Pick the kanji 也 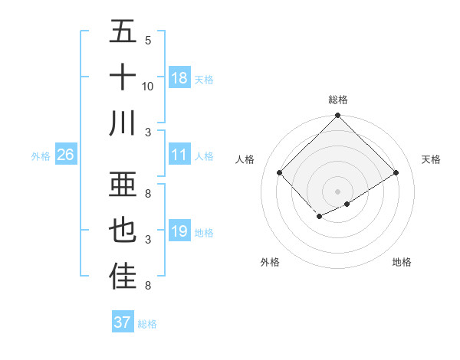pyautogui.click(x=123, y=231)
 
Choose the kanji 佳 pyautogui.click(x=123, y=277)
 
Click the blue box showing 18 pyautogui.click(x=179, y=78)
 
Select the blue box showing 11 pyautogui.click(x=179, y=155)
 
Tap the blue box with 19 pyautogui.click(x=179, y=231)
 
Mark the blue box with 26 pyautogui.click(x=65, y=155)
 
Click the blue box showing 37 pyautogui.click(x=122, y=322)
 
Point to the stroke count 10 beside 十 pyautogui.click(x=148, y=87)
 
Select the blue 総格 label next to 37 pyautogui.click(x=147, y=324)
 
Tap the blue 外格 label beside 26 pyautogui.click(x=41, y=156)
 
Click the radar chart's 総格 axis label pyautogui.click(x=338, y=100)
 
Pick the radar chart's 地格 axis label pyautogui.click(x=402, y=262)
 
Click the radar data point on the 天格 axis pyautogui.click(x=396, y=172)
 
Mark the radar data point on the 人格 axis pyautogui.click(x=279, y=172)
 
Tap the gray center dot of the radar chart pyautogui.click(x=337, y=191)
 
